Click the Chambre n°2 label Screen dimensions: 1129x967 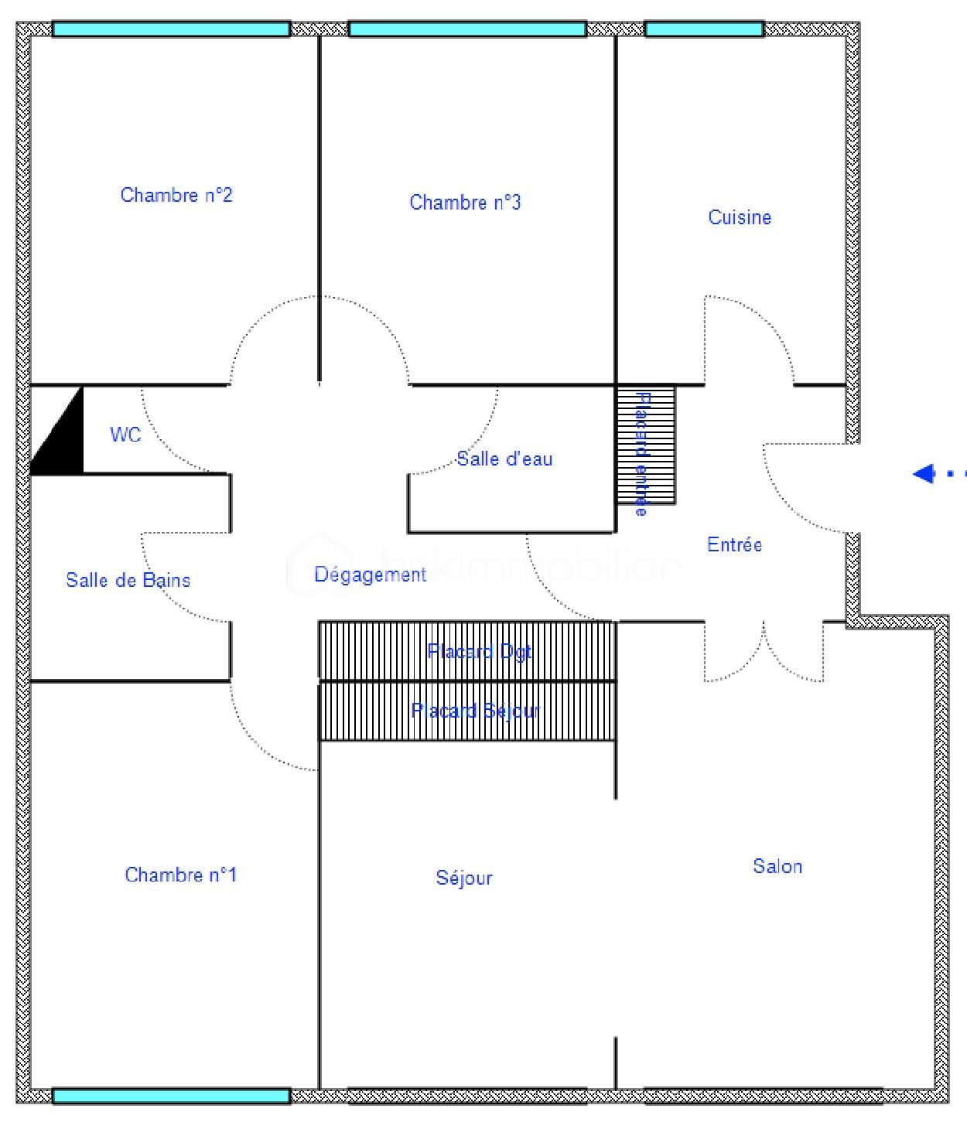[176, 195]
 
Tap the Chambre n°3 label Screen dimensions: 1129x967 [465, 203]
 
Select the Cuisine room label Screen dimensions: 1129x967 [740, 217]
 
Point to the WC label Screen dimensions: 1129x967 [125, 435]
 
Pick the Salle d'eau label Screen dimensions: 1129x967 [504, 459]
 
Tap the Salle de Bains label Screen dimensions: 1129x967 [128, 580]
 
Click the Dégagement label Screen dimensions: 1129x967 [370, 575]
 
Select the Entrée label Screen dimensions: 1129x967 [734, 544]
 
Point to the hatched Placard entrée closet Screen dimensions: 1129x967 [645, 445]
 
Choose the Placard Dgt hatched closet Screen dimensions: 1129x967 [467, 651]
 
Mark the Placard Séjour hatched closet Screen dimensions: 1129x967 [467, 711]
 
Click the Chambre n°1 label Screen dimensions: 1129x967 [180, 875]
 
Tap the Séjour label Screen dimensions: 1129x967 [464, 878]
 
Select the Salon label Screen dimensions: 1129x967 [777, 866]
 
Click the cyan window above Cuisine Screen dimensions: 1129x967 [704, 29]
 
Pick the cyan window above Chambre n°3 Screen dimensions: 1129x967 [467, 29]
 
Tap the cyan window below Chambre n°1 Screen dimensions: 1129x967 [171, 1096]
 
